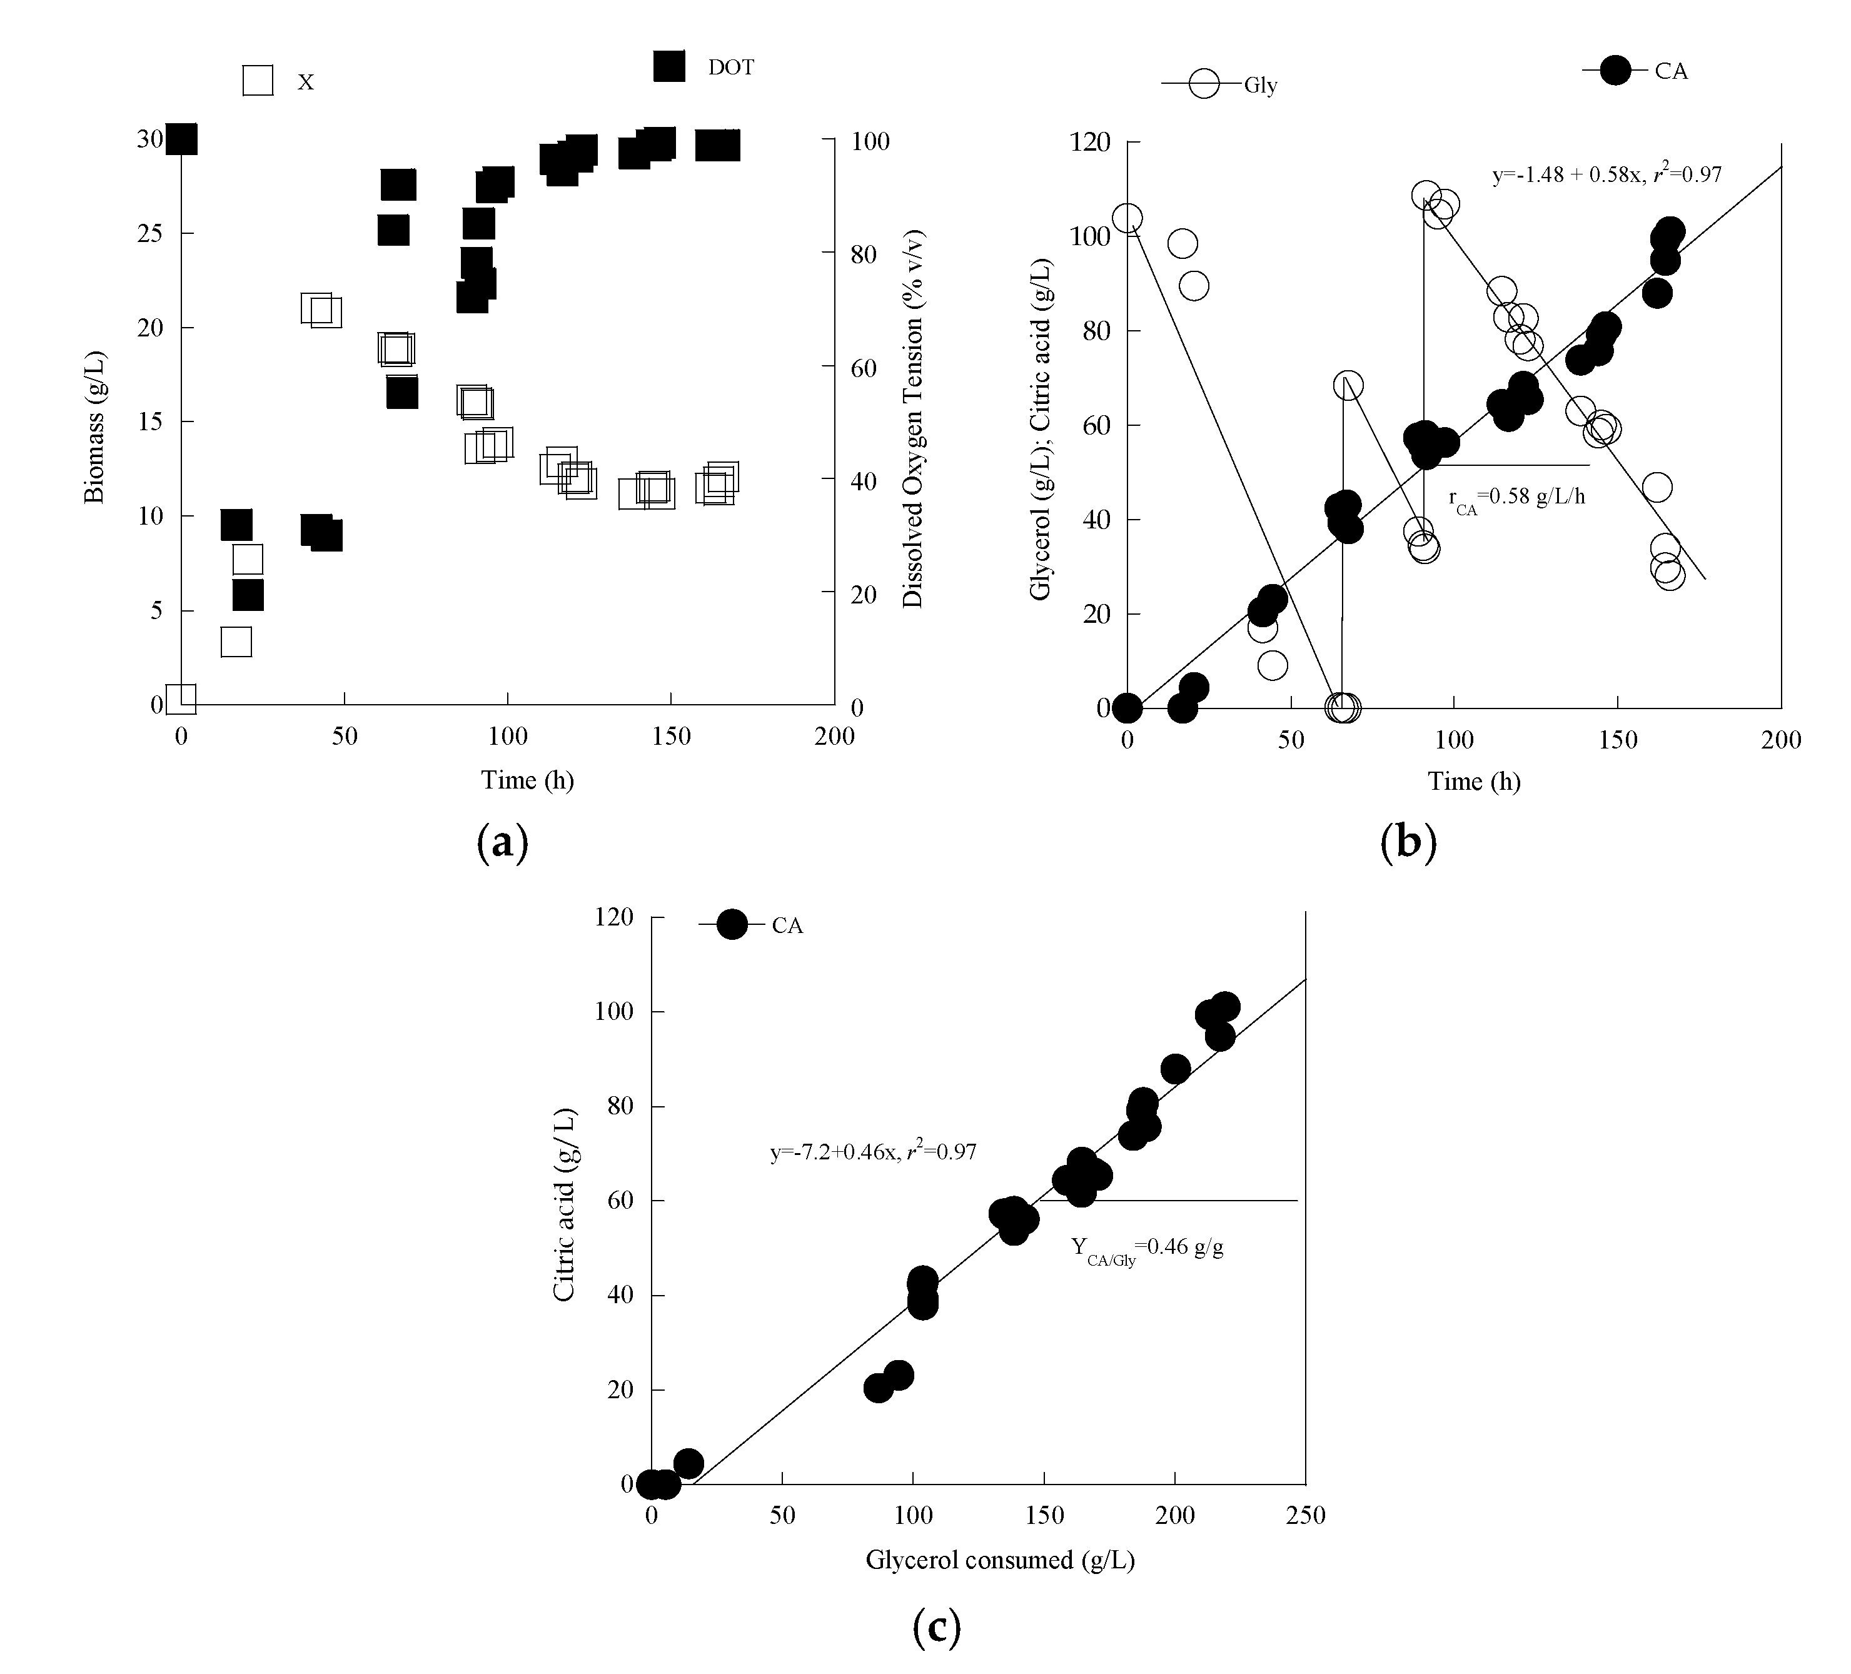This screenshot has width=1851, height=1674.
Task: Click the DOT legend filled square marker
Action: [668, 66]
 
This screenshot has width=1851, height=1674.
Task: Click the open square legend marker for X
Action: [258, 81]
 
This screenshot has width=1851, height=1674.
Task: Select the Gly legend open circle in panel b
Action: [1203, 84]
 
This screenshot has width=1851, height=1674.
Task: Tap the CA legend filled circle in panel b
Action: [1615, 70]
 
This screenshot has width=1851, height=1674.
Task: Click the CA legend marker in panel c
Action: [732, 925]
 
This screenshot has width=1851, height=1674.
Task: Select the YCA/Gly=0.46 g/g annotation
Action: [1147, 1248]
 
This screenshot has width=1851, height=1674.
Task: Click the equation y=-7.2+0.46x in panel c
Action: [872, 1151]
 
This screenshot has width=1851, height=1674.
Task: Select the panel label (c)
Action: [937, 1627]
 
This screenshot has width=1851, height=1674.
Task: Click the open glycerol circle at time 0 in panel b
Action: [1127, 218]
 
